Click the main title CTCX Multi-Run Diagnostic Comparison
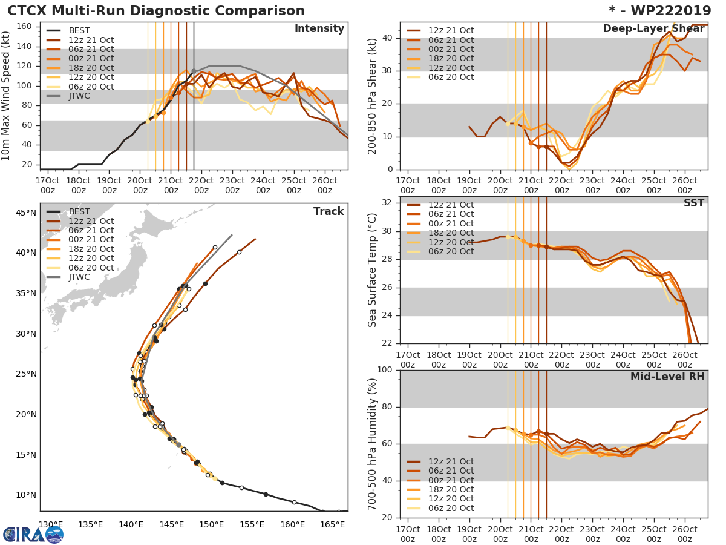pyautogui.click(x=156, y=11)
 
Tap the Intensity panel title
pyautogui.click(x=319, y=29)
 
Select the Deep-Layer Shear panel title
pyautogui.click(x=653, y=29)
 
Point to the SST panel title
pyautogui.click(x=693, y=203)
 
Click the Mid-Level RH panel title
pyautogui.click(x=667, y=377)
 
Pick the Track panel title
pyautogui.click(x=329, y=211)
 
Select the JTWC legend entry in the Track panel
pyautogui.click(x=79, y=277)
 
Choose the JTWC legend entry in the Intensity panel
pyautogui.click(x=79, y=96)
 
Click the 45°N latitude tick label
pyautogui.click(x=26, y=213)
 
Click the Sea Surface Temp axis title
pyautogui.click(x=372, y=270)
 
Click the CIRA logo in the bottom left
pyautogui.click(x=33, y=534)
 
